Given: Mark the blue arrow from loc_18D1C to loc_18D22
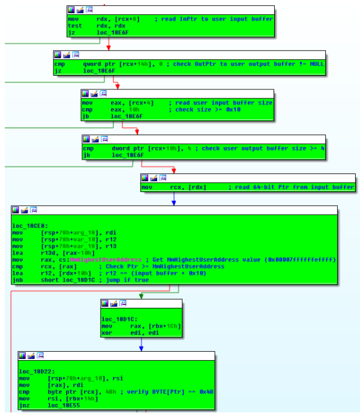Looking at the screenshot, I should pyautogui.click(x=141, y=344).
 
